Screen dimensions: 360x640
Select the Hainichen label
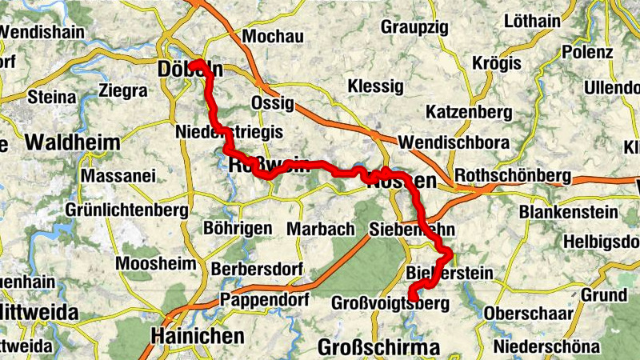pyautogui.click(x=197, y=335)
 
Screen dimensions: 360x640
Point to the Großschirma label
pyautogui.click(x=378, y=347)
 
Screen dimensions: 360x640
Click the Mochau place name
pyautogui.click(x=273, y=37)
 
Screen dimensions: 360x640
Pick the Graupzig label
pyautogui.click(x=414, y=26)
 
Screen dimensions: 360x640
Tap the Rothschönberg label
pyautogui.click(x=512, y=176)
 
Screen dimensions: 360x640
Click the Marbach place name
pyautogui.click(x=320, y=229)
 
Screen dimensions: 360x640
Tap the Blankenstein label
pyautogui.click(x=568, y=212)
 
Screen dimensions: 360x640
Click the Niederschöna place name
pyautogui.click(x=546, y=346)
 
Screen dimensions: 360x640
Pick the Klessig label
pyautogui.click(x=375, y=85)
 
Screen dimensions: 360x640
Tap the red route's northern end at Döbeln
pyautogui.click(x=193, y=63)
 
